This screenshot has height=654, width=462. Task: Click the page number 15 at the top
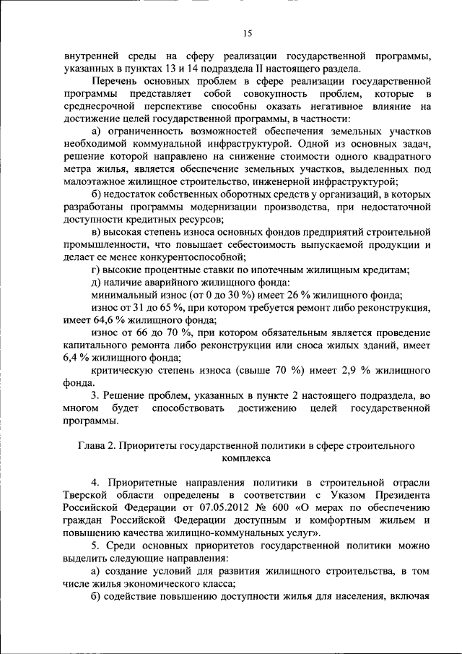pos(247,33)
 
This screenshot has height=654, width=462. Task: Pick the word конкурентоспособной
pos(182,256)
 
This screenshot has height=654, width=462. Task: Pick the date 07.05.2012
pos(214,507)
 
